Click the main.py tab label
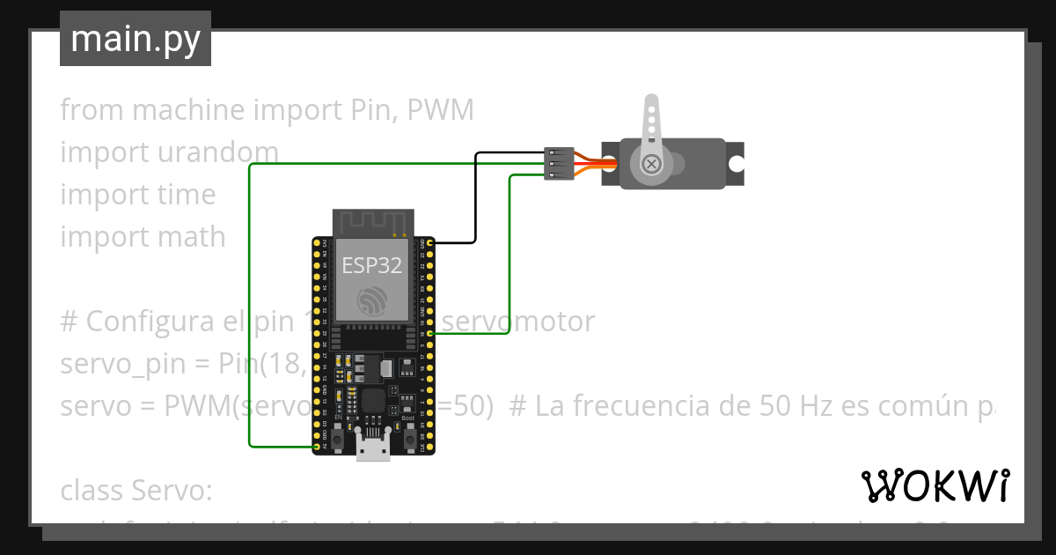point(136,39)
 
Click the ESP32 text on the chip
point(372,265)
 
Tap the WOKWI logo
point(935,485)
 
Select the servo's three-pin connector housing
point(559,164)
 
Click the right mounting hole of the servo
point(735,164)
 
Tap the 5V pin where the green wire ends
point(317,447)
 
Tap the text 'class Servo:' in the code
point(136,489)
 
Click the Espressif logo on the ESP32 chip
point(372,303)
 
